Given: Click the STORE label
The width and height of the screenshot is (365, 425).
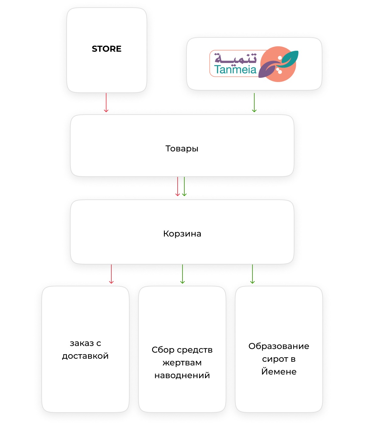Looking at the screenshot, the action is click(106, 49).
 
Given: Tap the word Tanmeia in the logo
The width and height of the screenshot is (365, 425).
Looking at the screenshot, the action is click(235, 69).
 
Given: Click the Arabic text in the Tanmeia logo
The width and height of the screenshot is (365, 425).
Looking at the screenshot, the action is click(235, 58).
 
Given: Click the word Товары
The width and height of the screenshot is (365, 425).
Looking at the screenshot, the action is click(182, 149).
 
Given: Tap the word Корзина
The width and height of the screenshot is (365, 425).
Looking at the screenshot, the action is click(182, 234).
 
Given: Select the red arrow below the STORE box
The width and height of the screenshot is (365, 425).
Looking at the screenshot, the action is click(106, 102).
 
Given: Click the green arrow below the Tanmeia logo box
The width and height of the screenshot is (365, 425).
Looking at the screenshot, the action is click(254, 102).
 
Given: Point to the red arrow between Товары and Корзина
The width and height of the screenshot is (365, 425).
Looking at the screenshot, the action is click(178, 186).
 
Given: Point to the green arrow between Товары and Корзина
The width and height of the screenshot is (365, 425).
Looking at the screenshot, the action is click(184, 186).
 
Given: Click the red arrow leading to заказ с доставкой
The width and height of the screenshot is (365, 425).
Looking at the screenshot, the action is click(111, 274).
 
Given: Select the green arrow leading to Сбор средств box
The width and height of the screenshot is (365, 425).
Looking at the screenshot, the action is click(182, 274).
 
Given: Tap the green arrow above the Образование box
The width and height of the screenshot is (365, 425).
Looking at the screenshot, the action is click(252, 274).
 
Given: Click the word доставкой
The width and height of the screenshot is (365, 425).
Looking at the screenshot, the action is click(85, 356).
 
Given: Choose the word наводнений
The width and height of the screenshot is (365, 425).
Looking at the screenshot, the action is click(182, 375).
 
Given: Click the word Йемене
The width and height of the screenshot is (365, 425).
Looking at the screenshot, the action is click(279, 371).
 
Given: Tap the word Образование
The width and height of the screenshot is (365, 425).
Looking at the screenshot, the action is click(279, 346).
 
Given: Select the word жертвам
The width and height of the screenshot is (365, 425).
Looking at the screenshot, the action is click(182, 363).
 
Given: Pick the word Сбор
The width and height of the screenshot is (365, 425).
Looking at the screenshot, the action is click(163, 350).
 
